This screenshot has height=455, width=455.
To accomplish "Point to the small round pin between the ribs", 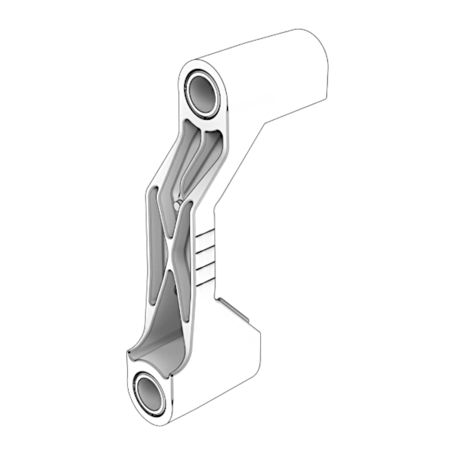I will click(176, 206).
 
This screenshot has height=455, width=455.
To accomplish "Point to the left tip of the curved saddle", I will click(128, 351).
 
